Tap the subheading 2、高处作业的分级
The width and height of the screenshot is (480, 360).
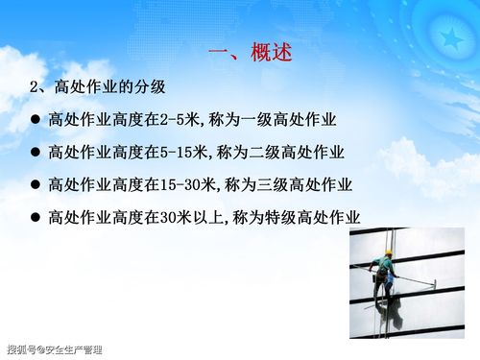pos(98,87)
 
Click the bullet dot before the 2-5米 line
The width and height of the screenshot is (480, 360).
pos(35,121)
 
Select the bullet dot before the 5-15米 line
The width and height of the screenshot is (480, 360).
pos(35,153)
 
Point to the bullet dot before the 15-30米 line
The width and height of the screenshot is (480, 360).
pos(35,185)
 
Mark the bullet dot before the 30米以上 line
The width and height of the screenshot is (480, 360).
pos(35,218)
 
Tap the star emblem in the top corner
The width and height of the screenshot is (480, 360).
pos(448,36)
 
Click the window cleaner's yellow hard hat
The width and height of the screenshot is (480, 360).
pos(388,254)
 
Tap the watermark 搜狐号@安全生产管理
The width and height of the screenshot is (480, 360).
pos(54,349)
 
